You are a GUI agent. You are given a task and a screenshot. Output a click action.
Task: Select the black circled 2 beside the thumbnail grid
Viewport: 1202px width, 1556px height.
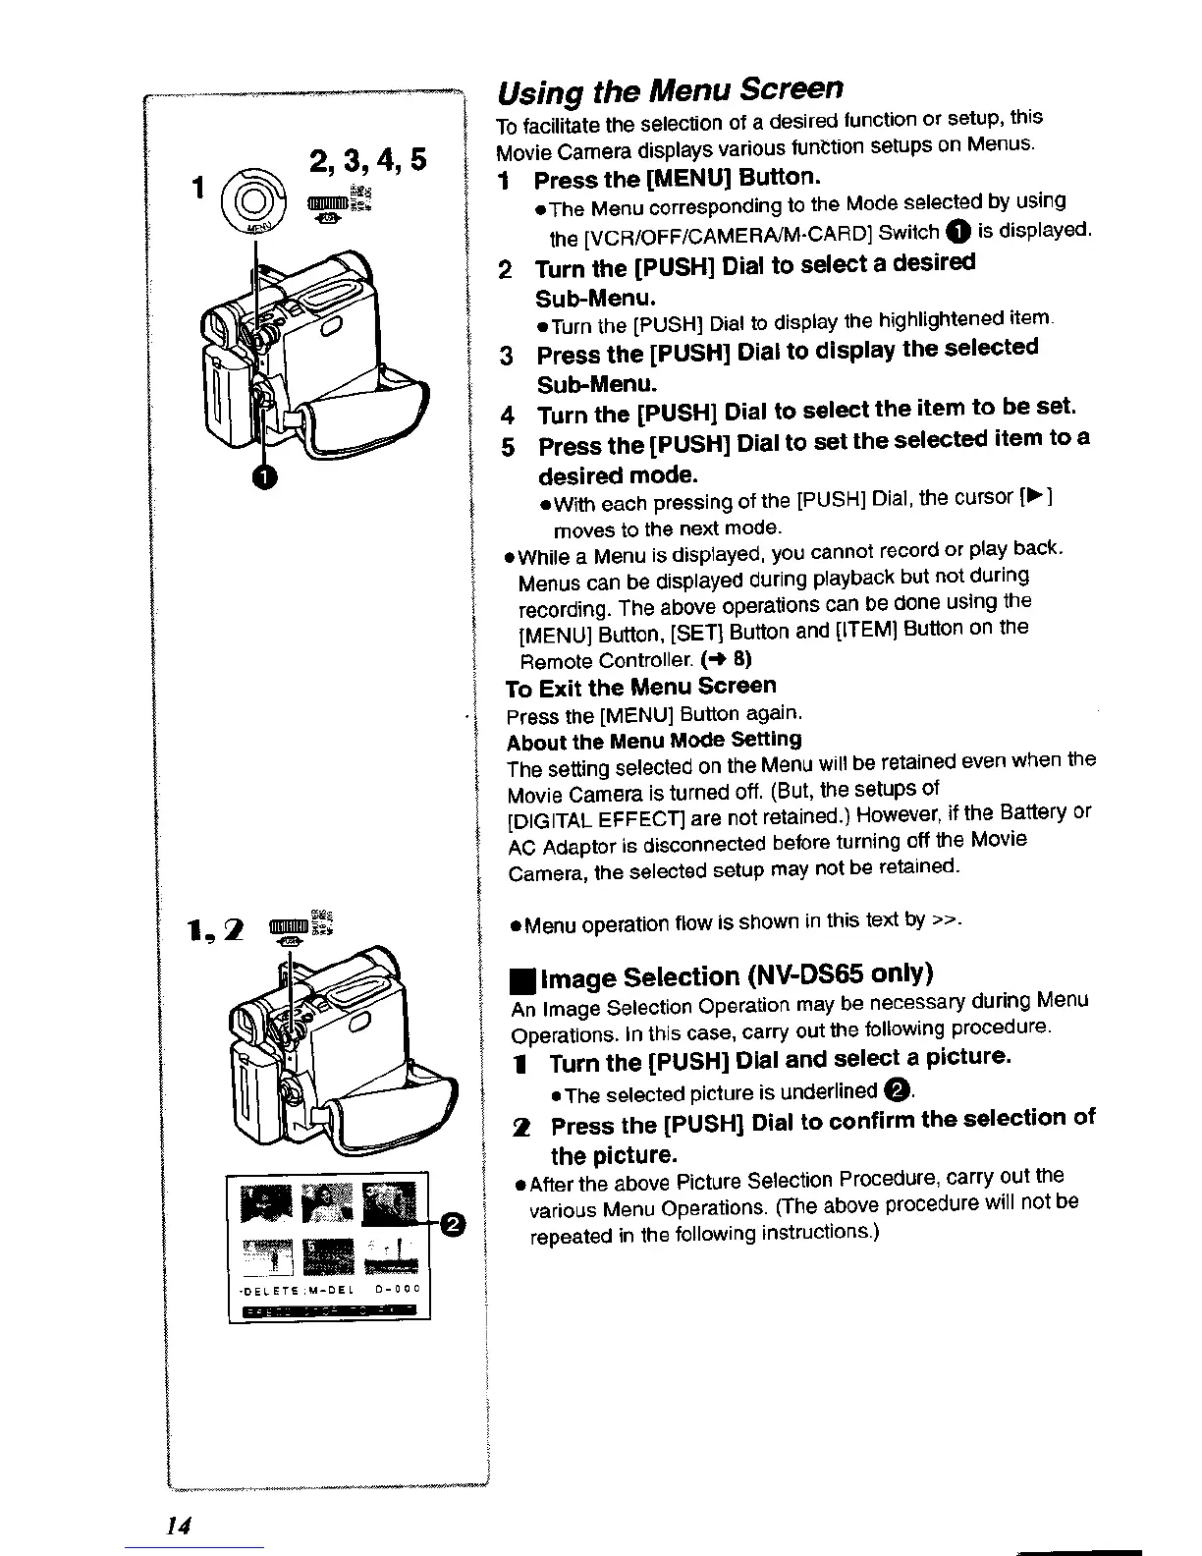click(x=453, y=1224)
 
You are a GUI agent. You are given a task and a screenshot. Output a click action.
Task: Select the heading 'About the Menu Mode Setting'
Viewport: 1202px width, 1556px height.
click(x=654, y=739)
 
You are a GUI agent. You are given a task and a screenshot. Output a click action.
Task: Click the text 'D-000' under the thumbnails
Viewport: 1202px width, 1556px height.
click(x=399, y=1287)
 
